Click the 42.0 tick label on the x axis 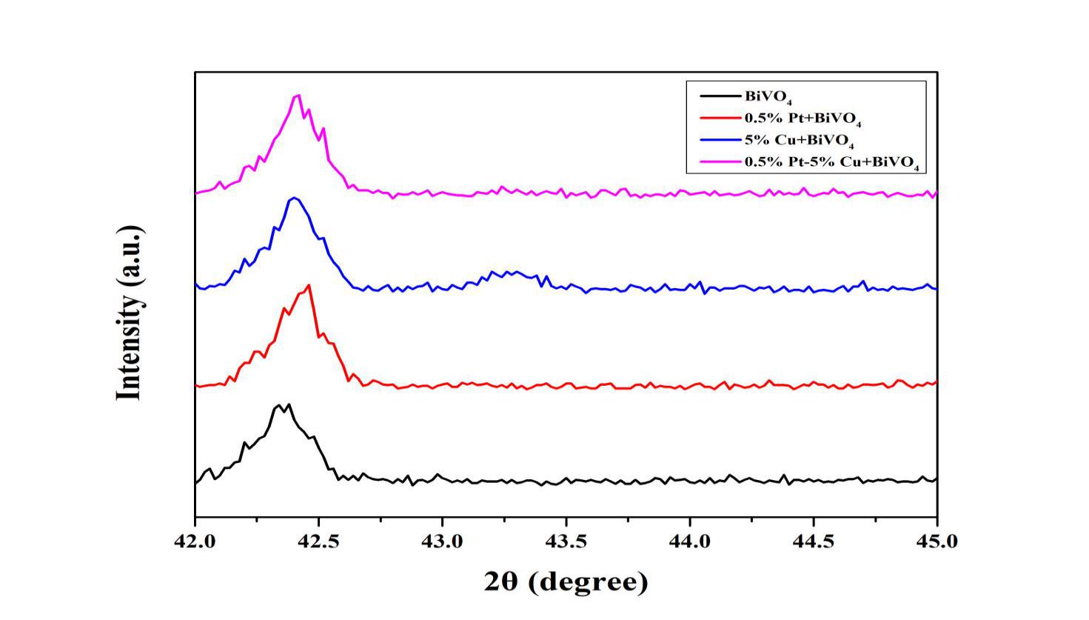[195, 541]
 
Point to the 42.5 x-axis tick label [318, 541]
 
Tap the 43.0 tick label [442, 541]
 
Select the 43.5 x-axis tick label [566, 541]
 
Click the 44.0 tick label [690, 541]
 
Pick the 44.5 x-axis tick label [814, 541]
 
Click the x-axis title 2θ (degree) [566, 581]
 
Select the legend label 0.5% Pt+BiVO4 [802, 119]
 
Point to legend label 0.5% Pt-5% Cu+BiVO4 [831, 162]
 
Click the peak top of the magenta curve [298, 95]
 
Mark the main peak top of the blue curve [295, 198]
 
